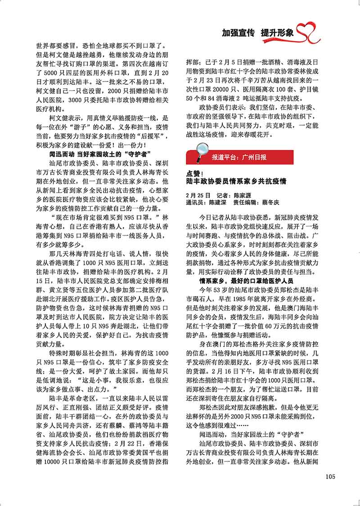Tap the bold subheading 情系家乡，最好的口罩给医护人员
(247, 281)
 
